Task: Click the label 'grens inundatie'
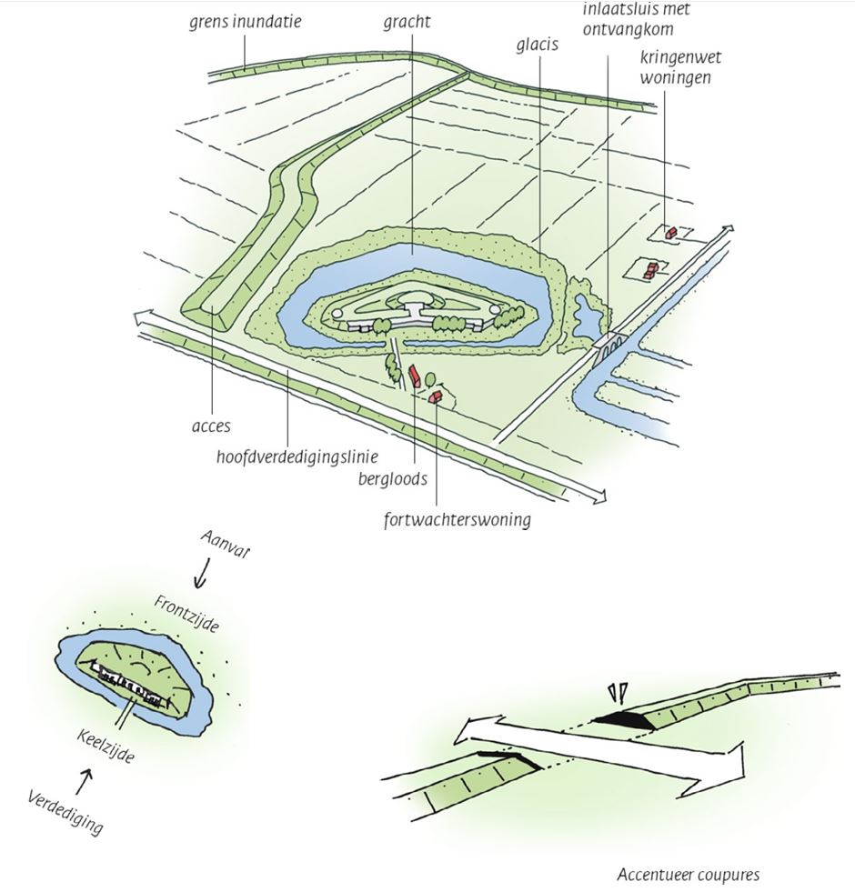point(246,20)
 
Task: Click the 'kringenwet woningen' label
point(674,69)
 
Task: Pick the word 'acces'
point(212,425)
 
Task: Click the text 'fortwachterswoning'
point(457,521)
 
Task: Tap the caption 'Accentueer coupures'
point(688,875)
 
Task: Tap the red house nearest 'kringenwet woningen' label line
point(670,233)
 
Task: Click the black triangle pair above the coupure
point(619,694)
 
